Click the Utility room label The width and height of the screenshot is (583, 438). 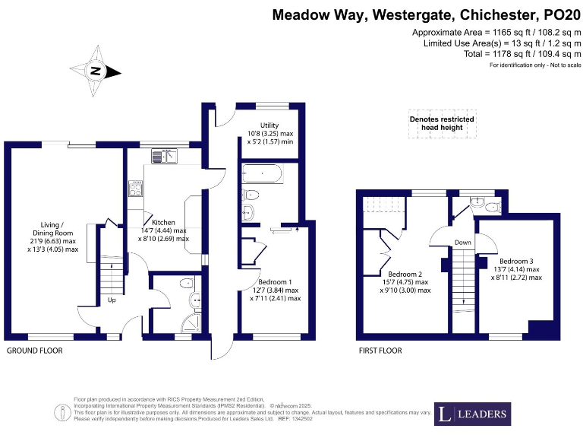point(269,125)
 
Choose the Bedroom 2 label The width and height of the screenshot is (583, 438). point(405,274)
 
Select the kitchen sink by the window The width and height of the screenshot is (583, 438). point(163,156)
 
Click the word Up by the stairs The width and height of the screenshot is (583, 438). point(112,300)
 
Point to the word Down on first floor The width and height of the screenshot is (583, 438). point(463,243)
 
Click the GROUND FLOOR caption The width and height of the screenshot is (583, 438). point(34,351)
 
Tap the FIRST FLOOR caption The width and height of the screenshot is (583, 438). point(380,351)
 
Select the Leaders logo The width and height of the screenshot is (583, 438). point(473,414)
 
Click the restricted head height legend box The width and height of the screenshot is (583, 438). point(442,124)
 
